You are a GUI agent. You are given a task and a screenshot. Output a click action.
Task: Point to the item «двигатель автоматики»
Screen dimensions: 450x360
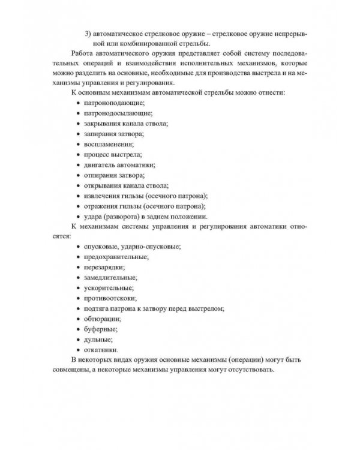pyautogui.click(x=120, y=165)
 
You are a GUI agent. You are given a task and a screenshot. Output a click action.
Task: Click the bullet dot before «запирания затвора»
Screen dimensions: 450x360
pyautogui.click(x=79, y=134)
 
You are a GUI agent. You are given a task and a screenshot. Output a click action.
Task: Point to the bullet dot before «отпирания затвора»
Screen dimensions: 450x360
pyautogui.click(x=79, y=176)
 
